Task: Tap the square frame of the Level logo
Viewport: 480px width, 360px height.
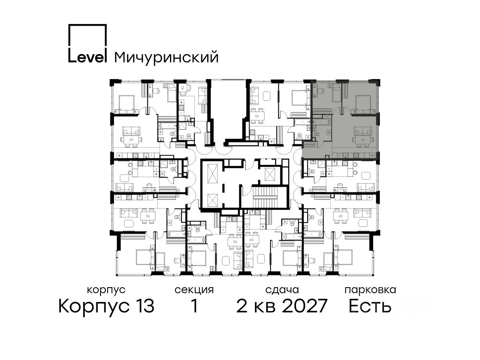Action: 87,25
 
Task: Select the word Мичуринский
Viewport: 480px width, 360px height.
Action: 166,57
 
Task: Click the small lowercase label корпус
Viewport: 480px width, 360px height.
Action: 106,290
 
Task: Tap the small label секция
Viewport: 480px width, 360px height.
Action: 194,290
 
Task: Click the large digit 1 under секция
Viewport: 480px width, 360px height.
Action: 194,306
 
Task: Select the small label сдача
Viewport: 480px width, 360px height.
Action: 282,290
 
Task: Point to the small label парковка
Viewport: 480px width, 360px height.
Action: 370,290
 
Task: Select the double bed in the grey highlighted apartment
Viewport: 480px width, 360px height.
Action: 363,103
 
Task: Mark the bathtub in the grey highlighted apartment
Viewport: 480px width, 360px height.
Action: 322,122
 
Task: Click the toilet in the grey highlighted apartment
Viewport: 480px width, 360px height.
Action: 328,132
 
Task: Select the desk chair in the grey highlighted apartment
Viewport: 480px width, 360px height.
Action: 321,90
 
